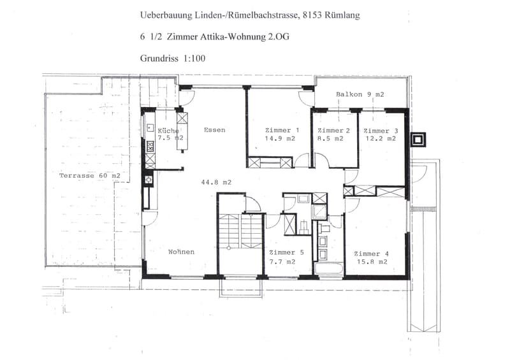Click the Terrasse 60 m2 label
pyautogui.click(x=90, y=176)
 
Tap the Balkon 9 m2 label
pyautogui.click(x=360, y=94)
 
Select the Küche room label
pyautogui.click(x=168, y=131)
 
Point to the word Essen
pyautogui.click(x=214, y=130)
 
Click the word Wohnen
pyautogui.click(x=181, y=252)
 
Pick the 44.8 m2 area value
pyautogui.click(x=216, y=182)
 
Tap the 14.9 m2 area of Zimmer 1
pyautogui.click(x=280, y=138)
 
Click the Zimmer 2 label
pyautogui.click(x=333, y=131)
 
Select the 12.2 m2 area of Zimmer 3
pyautogui.click(x=380, y=138)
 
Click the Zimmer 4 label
pyautogui.click(x=371, y=254)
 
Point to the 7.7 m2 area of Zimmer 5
pyautogui.click(x=282, y=261)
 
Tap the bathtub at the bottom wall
pyautogui.click(x=328, y=270)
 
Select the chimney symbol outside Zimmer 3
pyautogui.click(x=418, y=140)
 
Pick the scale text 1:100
pyautogui.click(x=194, y=59)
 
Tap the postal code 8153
pyautogui.click(x=312, y=15)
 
